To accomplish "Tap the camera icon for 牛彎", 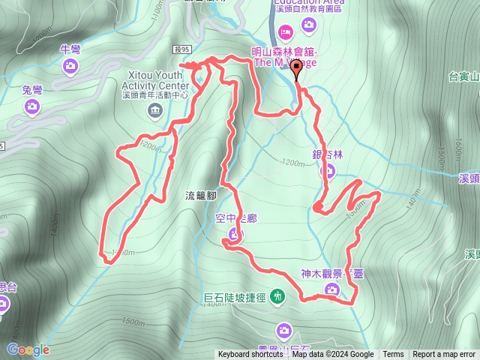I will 70,66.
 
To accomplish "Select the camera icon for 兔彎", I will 32,106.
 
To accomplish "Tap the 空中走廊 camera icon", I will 233,237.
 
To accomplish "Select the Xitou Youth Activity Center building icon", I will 154,112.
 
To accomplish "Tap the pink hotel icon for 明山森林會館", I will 285,32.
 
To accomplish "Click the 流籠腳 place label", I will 200,195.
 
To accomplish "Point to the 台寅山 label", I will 463,76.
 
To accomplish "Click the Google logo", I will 28,349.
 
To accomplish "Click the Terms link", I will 393,355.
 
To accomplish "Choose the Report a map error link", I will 445,355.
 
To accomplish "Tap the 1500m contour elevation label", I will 131,322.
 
